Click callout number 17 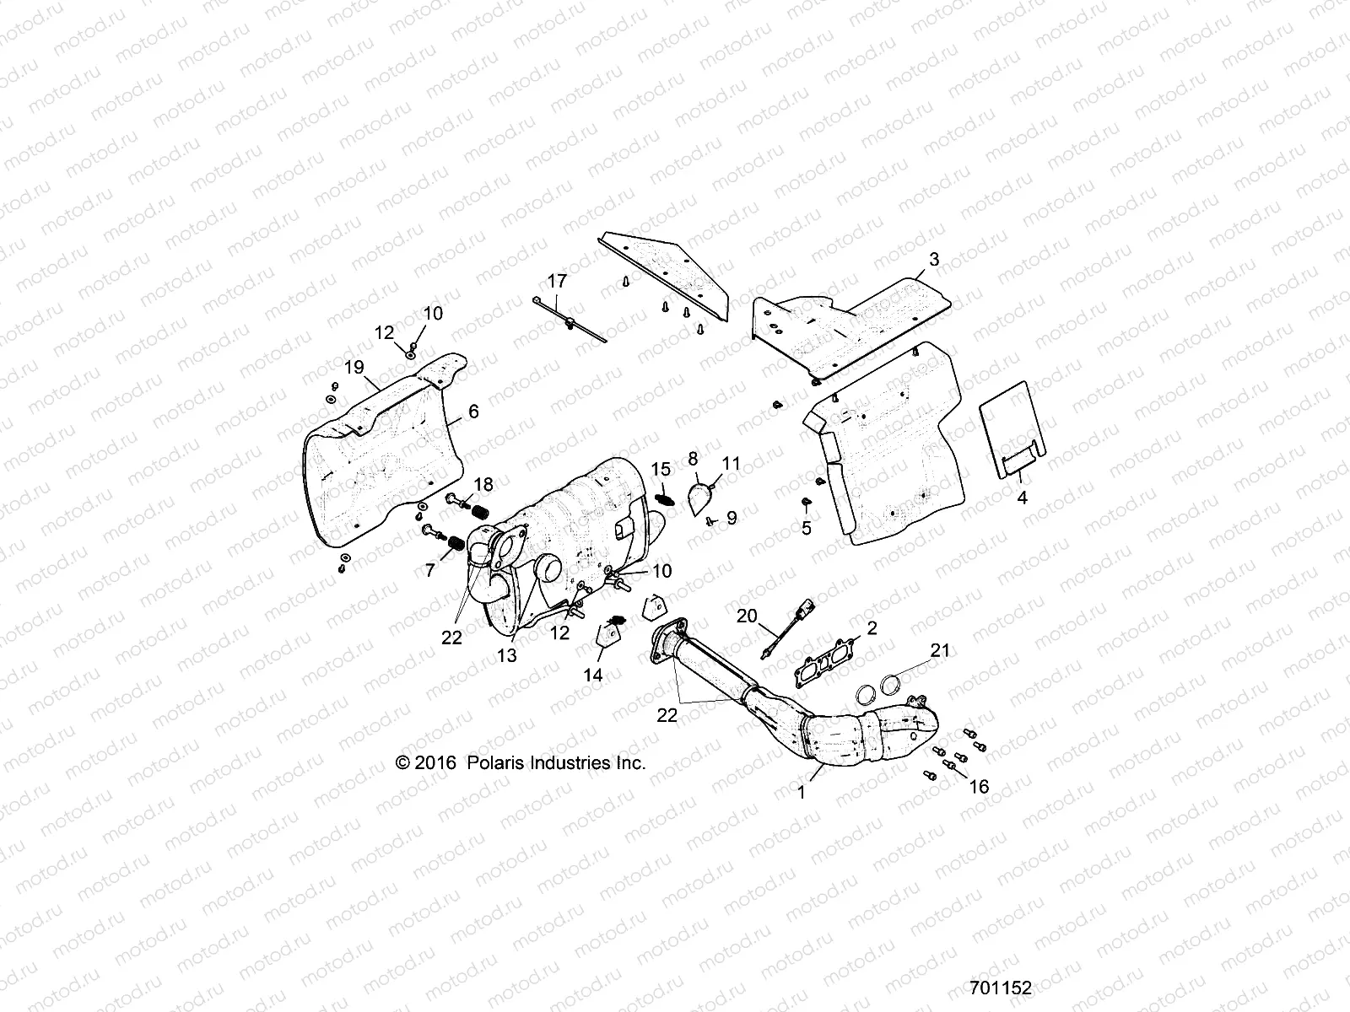[558, 282]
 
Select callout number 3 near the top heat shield [934, 260]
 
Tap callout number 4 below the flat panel [1022, 498]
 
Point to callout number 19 [354, 367]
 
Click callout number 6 [473, 412]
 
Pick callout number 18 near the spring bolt [483, 484]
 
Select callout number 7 [430, 571]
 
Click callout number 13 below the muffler [510, 655]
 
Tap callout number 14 [593, 675]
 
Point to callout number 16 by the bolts [979, 787]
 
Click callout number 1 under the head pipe [802, 792]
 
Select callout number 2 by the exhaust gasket [872, 627]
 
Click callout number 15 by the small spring [660, 468]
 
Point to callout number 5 [806, 528]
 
